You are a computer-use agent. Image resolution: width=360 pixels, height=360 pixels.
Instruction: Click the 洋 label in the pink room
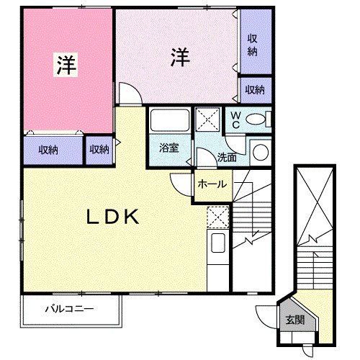tap(66, 63)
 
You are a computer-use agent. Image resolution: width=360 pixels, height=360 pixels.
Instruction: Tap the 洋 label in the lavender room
tap(179, 57)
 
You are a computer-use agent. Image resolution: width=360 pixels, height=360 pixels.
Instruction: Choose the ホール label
tap(212, 184)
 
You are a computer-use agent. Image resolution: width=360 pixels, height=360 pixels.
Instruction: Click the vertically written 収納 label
tap(253, 45)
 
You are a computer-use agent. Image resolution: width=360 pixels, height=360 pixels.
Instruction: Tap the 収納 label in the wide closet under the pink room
tap(49, 150)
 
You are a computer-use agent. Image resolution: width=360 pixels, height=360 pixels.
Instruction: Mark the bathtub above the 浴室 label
tap(170, 121)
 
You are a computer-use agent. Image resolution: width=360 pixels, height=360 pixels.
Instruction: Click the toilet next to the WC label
tap(256, 120)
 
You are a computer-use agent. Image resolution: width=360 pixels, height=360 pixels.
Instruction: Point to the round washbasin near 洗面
tap(259, 152)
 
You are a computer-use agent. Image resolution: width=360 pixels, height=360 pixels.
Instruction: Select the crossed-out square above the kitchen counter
tap(217, 217)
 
